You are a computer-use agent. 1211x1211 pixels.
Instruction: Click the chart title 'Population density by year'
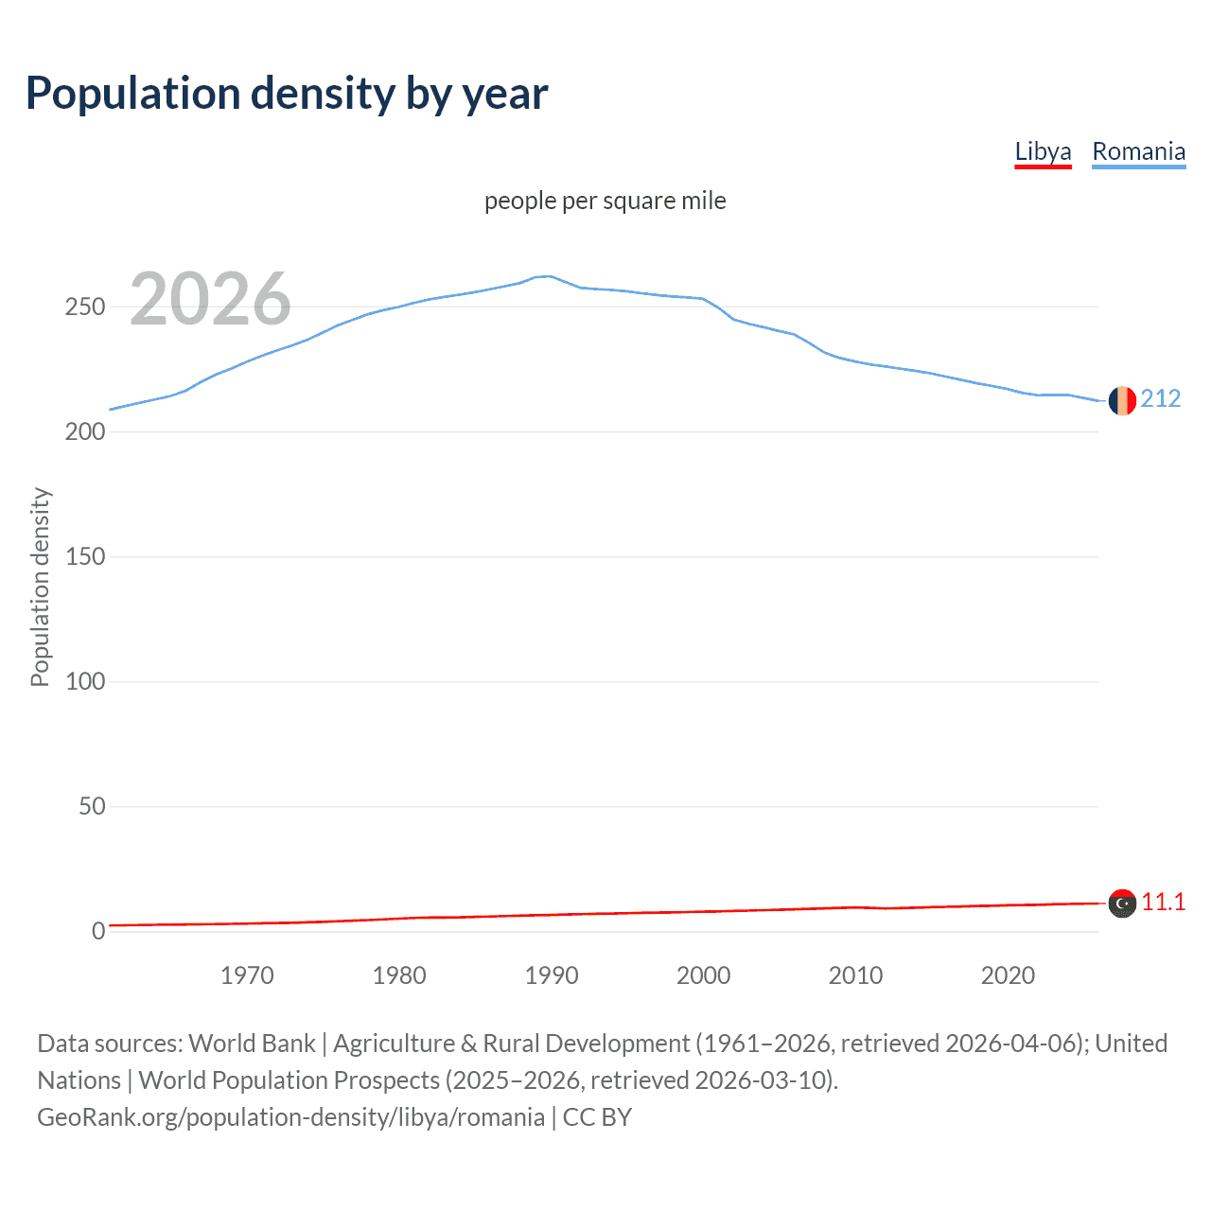click(287, 94)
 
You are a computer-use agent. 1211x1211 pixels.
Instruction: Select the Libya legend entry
click(1043, 151)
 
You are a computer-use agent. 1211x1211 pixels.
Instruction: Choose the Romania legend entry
click(1138, 151)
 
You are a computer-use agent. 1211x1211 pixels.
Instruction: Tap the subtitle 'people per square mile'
click(605, 201)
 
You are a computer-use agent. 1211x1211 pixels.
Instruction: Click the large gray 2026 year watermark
click(210, 299)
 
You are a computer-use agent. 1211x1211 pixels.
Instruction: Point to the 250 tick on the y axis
click(85, 307)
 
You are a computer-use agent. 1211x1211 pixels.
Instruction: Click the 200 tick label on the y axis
click(85, 431)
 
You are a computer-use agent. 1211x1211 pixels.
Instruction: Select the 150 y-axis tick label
click(85, 556)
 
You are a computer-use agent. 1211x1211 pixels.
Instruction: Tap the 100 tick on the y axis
click(85, 681)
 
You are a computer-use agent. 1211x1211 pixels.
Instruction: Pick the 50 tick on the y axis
click(92, 806)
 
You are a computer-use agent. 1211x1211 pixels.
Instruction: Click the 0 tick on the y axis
click(98, 931)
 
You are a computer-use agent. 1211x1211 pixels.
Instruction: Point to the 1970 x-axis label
click(247, 975)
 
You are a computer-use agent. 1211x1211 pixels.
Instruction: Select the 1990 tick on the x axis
click(552, 975)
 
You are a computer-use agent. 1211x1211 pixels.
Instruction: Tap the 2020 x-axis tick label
click(1008, 975)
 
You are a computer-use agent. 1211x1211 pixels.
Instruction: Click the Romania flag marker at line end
click(1122, 400)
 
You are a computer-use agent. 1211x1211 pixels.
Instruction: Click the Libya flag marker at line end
click(1122, 904)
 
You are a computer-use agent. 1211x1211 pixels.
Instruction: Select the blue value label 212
click(1161, 398)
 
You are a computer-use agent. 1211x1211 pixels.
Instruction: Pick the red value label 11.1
click(1163, 902)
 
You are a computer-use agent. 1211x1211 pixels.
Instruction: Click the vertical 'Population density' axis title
click(40, 587)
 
